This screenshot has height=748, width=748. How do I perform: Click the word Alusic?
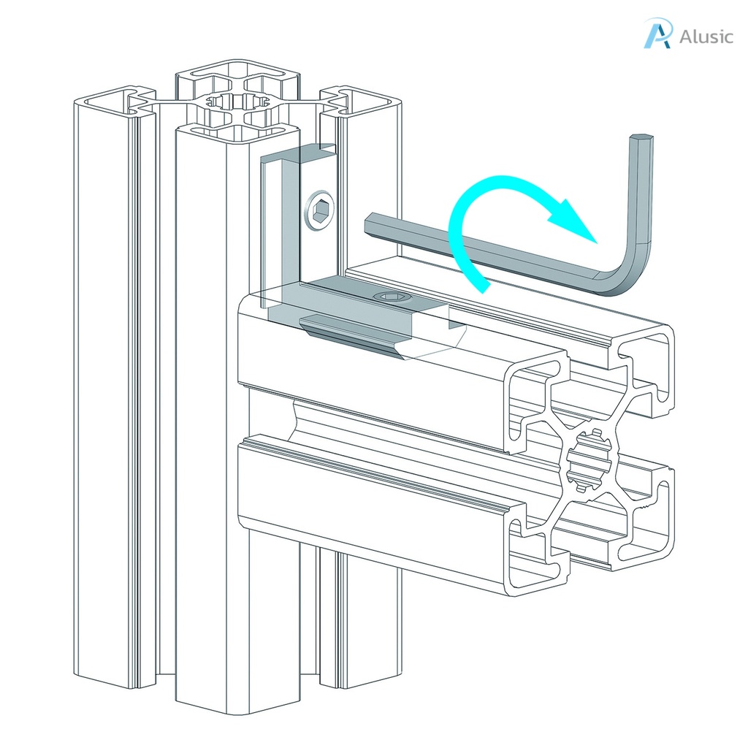pyautogui.click(x=705, y=37)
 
